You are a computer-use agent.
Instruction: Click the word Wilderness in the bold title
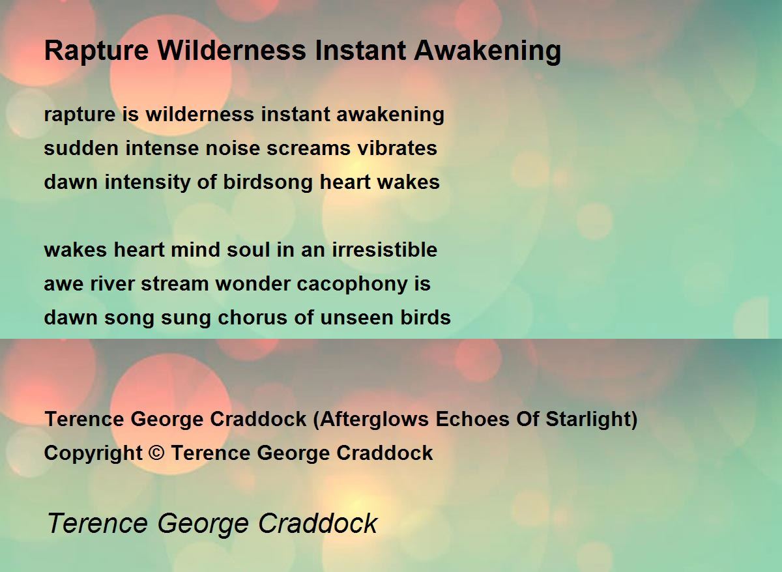tap(231, 51)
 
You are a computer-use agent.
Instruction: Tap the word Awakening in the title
tap(487, 51)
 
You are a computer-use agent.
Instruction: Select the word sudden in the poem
tap(81, 148)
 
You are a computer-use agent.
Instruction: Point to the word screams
tap(309, 149)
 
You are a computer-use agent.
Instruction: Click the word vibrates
tap(398, 148)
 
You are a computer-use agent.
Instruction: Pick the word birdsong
tap(268, 182)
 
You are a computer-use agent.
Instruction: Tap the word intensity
tap(147, 182)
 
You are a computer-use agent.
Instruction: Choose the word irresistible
tap(384, 250)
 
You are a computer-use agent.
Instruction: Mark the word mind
tap(195, 250)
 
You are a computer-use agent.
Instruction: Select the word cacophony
tap(353, 284)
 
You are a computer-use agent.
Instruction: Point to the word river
tap(112, 284)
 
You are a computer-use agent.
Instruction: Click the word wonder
tap(253, 284)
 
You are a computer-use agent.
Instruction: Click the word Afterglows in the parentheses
tap(374, 419)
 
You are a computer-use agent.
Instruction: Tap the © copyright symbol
tap(156, 453)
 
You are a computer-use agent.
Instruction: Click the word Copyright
tap(93, 453)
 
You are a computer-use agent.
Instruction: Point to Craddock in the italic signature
tap(318, 523)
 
